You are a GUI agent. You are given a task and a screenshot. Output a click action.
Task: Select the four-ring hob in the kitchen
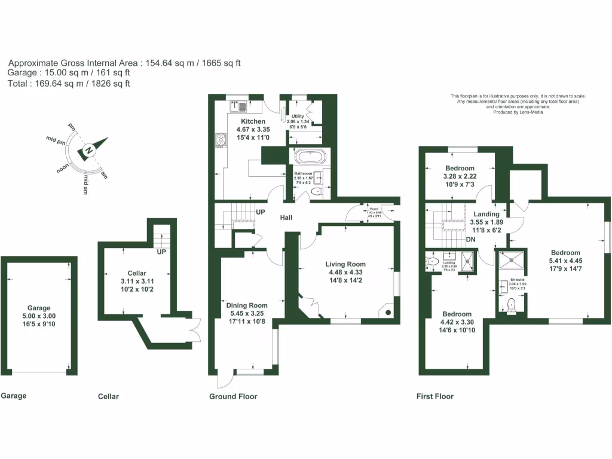[x=221, y=140]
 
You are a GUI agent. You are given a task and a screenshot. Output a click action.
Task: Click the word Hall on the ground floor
[x=286, y=218]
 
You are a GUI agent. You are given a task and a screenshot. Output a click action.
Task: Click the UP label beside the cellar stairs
[x=161, y=252]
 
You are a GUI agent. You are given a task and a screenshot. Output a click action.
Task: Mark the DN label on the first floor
[x=471, y=240]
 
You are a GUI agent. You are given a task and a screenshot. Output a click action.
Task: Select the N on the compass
[x=88, y=151]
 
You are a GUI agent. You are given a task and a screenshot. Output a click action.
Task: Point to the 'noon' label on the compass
[x=63, y=169]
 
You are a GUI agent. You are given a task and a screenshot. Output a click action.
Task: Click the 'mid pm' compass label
[x=55, y=141]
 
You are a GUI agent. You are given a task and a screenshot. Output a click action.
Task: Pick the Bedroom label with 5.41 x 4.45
[x=565, y=253]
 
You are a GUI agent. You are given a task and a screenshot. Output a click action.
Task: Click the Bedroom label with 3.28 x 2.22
[x=460, y=168]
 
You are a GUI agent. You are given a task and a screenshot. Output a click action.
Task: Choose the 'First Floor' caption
[x=434, y=396]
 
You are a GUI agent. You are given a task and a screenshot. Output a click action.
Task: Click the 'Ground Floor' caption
[x=233, y=396]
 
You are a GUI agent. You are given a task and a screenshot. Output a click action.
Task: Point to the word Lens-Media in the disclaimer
[x=530, y=112]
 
